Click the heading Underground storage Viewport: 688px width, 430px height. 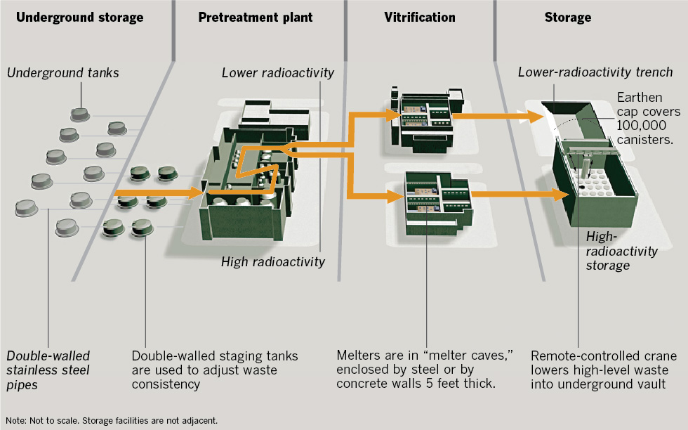[x=79, y=17]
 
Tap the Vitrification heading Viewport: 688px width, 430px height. [x=421, y=17]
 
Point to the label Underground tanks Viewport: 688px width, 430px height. [x=63, y=73]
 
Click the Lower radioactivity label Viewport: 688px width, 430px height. [x=277, y=72]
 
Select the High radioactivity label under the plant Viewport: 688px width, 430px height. [x=273, y=262]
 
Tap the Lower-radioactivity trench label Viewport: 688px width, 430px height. [x=595, y=72]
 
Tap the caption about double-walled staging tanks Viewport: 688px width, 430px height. [x=215, y=370]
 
